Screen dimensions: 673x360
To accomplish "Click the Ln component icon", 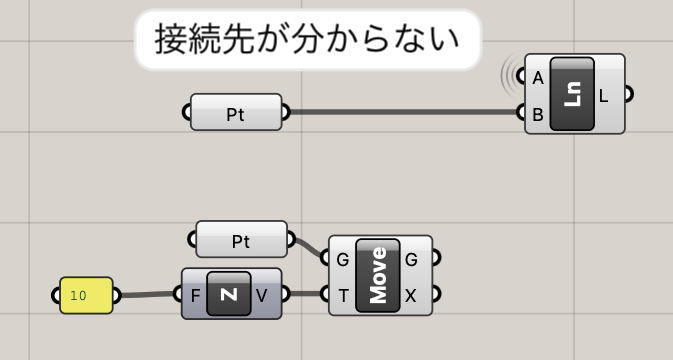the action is [572, 94].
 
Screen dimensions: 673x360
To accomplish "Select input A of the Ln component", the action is [538, 78].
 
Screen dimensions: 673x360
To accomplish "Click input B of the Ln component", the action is [538, 115].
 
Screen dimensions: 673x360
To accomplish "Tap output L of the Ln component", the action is [603, 97].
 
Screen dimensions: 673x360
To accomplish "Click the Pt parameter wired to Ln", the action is [236, 112].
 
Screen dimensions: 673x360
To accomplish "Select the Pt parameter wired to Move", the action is [241, 239].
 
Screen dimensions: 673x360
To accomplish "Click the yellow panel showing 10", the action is [86, 295].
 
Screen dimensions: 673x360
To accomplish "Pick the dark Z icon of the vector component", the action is [229, 293].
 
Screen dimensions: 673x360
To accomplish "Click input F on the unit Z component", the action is [195, 296].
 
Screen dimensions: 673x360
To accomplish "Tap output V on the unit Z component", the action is [261, 295].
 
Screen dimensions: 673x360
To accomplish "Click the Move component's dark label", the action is [378, 275].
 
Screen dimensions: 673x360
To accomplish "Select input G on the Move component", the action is [343, 260].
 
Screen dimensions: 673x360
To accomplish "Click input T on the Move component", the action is [343, 296].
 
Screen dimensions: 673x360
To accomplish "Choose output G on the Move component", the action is [411, 260].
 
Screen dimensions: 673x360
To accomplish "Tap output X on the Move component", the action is [411, 296].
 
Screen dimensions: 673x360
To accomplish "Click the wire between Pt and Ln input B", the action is [403, 112].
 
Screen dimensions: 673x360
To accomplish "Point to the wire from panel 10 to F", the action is [147, 295].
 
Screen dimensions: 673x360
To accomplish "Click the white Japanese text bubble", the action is [308, 39].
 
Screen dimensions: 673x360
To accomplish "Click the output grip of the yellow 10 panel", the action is [117, 295].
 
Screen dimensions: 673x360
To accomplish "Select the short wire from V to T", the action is [306, 294].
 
